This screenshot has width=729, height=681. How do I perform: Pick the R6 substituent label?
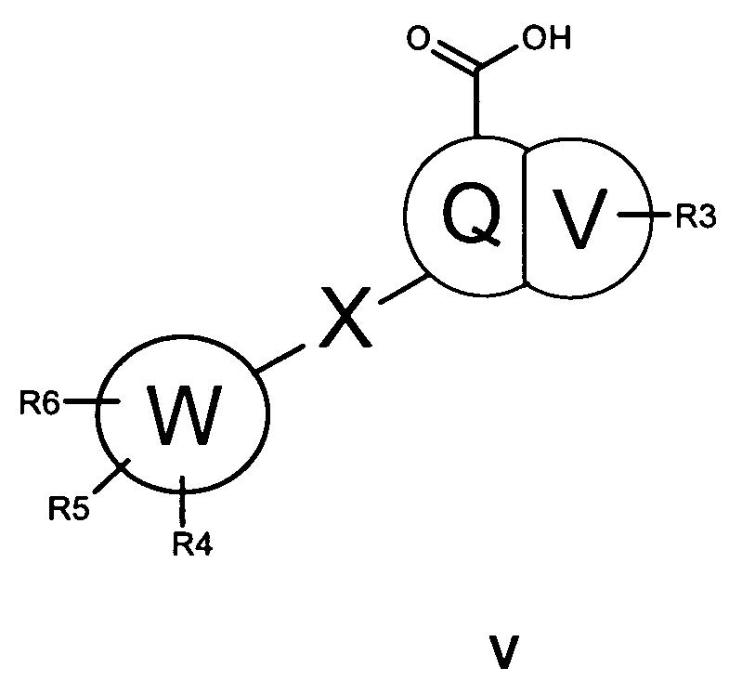[41, 402]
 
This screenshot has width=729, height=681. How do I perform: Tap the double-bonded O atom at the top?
[420, 42]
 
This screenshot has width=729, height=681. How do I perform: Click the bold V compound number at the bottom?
[501, 649]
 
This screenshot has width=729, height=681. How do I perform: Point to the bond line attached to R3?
[638, 216]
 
